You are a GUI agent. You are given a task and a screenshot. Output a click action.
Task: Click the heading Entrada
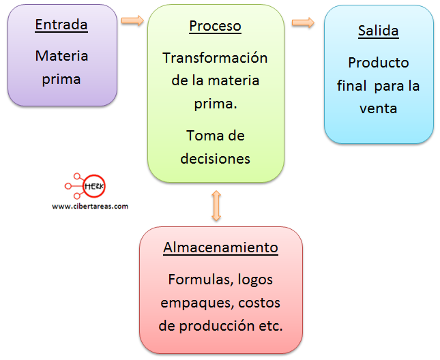tap(61, 25)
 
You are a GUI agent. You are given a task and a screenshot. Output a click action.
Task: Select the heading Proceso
tap(215, 27)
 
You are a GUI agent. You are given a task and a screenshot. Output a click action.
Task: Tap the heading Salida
tap(378, 31)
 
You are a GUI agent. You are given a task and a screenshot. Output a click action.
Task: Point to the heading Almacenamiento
tap(220, 247)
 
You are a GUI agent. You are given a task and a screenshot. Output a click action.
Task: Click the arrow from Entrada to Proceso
tap(132, 20)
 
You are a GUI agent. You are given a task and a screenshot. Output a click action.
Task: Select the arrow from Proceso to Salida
tap(303, 22)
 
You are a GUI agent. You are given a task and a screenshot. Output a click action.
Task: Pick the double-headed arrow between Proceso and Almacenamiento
tap(216, 205)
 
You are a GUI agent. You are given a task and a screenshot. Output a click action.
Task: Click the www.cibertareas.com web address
tap(89, 206)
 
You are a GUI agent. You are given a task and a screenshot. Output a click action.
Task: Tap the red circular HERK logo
tap(93, 185)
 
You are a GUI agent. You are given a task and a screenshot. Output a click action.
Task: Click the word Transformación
tap(215, 58)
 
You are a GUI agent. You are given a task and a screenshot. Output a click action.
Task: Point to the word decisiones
tap(215, 159)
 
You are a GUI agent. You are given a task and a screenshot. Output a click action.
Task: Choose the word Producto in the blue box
tap(378, 63)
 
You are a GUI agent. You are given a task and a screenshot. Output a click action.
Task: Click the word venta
tap(378, 108)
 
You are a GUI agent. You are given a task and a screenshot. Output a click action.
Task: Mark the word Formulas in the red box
tap(196, 280)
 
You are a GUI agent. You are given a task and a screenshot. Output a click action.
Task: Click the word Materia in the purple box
tap(61, 56)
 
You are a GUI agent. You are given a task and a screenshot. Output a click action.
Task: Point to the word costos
tap(256, 303)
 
